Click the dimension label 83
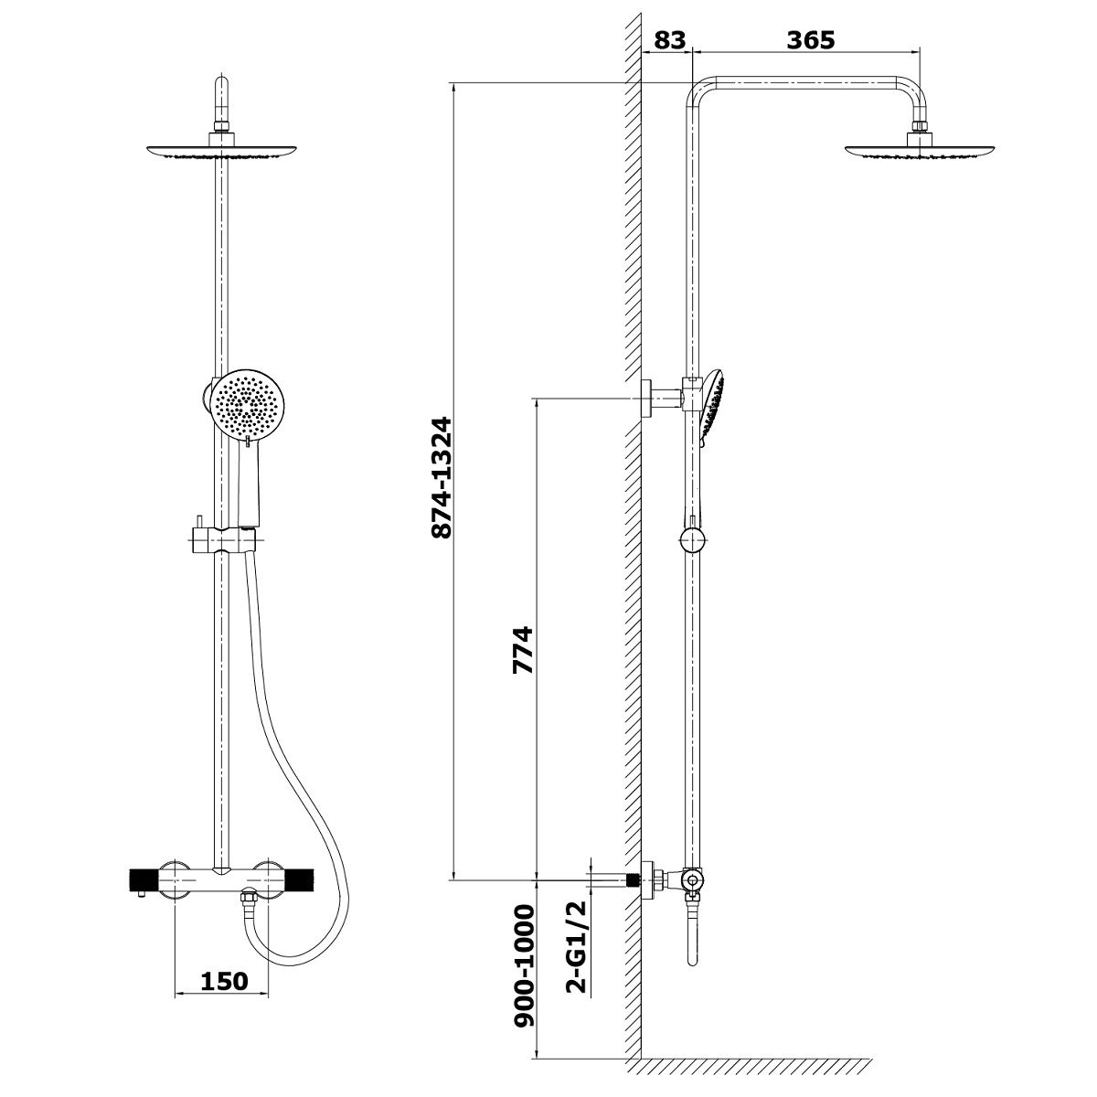[669, 40]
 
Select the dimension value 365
[811, 40]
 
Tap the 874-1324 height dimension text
[442, 477]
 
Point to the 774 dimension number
[523, 651]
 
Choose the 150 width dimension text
[225, 981]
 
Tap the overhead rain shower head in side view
[920, 150]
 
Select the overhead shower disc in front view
[221, 151]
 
